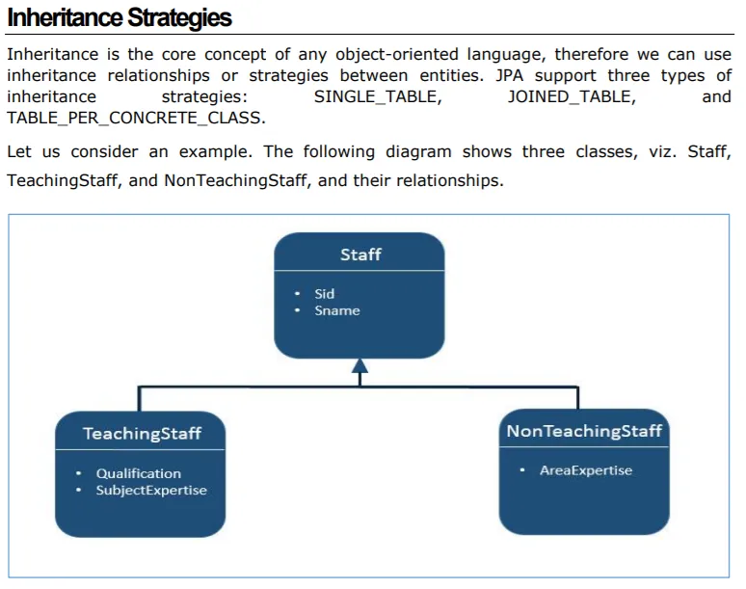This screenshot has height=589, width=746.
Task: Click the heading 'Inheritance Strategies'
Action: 120,18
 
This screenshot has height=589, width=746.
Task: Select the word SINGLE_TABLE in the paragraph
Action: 378,96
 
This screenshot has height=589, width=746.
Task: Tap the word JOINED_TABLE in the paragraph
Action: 572,96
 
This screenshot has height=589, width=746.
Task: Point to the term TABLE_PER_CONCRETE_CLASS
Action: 136,118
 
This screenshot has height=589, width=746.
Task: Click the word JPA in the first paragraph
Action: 509,75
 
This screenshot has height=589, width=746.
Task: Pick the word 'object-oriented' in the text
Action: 397,55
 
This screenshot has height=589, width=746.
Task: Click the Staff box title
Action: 360,254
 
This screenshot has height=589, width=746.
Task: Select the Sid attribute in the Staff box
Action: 325,294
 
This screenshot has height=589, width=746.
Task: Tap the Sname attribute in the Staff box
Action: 337,310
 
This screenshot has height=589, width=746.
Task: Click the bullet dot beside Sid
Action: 298,294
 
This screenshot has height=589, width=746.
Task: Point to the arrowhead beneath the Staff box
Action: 360,365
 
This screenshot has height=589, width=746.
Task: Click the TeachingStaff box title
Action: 142,434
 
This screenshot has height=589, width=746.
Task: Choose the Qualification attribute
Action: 139,473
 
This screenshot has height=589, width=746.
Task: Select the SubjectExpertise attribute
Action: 151,490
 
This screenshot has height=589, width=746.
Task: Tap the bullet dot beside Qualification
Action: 78,473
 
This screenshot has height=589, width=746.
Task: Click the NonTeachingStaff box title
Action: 584,431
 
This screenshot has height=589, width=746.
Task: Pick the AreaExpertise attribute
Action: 586,470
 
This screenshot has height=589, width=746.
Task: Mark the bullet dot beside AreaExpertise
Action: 522,470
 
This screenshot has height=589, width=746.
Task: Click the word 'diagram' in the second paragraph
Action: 418,151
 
